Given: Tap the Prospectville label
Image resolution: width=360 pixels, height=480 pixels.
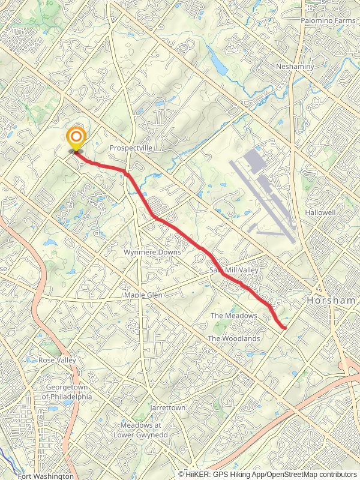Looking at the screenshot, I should tap(131, 147).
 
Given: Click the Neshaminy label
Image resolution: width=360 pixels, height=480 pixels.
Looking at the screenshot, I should tap(295, 67).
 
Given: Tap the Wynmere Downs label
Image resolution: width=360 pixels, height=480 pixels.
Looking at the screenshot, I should tap(152, 253).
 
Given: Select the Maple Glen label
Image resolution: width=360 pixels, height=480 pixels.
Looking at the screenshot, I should tap(144, 296).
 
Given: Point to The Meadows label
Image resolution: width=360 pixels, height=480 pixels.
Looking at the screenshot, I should tap(234, 316).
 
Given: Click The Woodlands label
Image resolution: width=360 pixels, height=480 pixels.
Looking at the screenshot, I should tap(234, 338).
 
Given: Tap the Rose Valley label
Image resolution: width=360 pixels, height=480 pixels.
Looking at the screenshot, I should tap(58, 360).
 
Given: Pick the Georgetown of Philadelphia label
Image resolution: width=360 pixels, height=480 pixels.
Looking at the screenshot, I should tap(67, 392).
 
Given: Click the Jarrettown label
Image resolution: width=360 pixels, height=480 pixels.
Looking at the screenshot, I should tap(168, 407).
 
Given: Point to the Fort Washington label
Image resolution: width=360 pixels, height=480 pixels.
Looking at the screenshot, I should tap(46, 476).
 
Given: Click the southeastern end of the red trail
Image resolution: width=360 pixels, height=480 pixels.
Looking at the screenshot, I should tap(283, 328).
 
